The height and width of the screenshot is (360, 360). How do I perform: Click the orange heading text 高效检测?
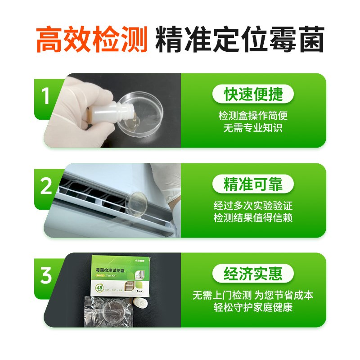coord(92,40)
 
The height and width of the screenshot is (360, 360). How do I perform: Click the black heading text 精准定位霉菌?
coord(240,40)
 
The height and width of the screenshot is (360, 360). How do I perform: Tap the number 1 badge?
coord(45,96)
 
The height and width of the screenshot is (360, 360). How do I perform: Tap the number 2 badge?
coord(46,186)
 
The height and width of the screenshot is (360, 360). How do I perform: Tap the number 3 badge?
coord(45,275)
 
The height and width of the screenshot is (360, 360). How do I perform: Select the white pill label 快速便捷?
coord(253,94)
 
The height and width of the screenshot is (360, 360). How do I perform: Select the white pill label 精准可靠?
coord(253,184)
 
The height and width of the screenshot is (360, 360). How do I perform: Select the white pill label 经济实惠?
coord(253,273)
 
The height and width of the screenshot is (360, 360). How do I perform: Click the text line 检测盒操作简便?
coord(253,116)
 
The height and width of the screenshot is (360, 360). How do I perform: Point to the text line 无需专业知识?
coord(253,128)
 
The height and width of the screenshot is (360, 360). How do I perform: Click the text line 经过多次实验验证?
coord(253,206)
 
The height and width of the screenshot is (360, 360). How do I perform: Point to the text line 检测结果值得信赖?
coord(253,218)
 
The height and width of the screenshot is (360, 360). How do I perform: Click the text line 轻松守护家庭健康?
coord(253,308)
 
